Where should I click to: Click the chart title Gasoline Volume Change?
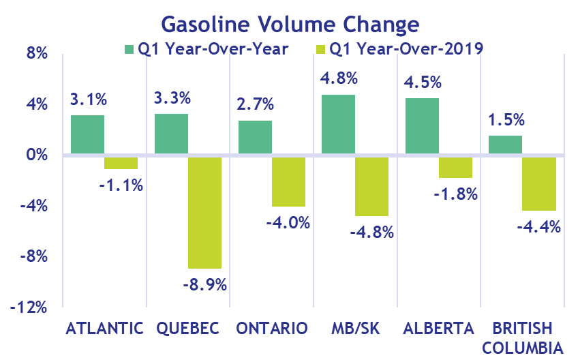[290, 24]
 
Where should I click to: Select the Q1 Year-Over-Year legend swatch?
[129, 48]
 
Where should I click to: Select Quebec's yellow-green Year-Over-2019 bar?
[204, 212]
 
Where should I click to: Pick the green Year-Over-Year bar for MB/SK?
[338, 124]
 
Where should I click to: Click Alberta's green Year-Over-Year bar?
[422, 126]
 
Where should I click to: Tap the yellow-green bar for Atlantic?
[121, 162]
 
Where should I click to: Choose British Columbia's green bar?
[505, 145]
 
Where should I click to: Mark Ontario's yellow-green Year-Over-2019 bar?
[288, 181]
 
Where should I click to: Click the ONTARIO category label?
[272, 329]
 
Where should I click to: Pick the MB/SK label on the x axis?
[356, 329]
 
